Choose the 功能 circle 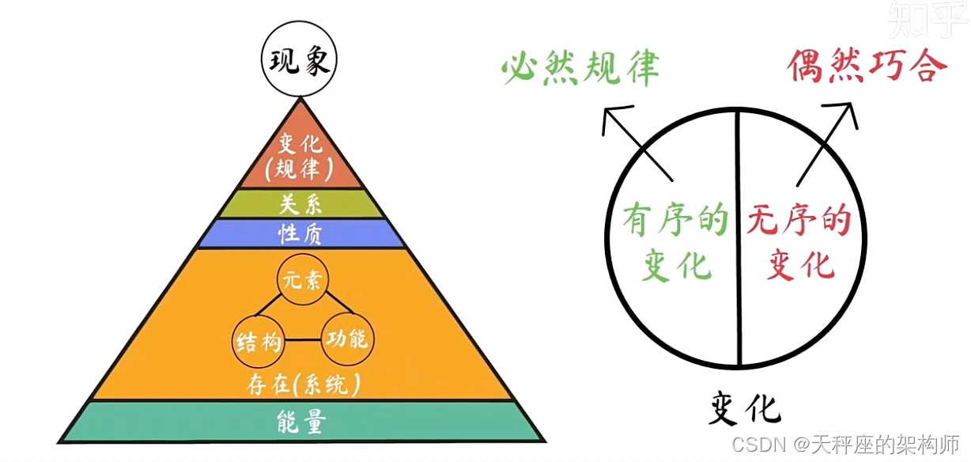pyautogui.click(x=346, y=340)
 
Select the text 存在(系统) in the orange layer pyautogui.click(x=301, y=385)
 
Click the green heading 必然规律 pyautogui.click(x=580, y=70)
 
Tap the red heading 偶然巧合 pyautogui.click(x=867, y=66)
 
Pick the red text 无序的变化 pyautogui.click(x=799, y=242)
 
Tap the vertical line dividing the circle pyautogui.click(x=739, y=237)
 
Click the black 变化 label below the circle pyautogui.click(x=743, y=410)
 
